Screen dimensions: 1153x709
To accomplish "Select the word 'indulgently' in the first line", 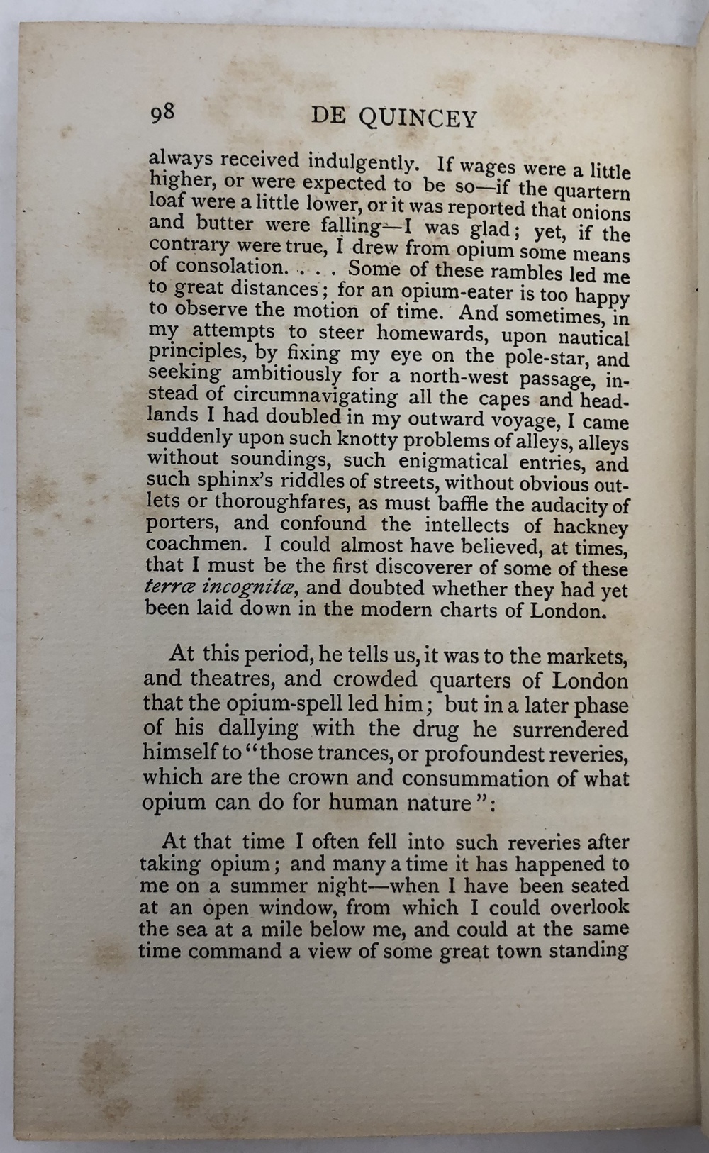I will click(356, 162).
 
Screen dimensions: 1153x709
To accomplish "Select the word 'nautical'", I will click(593, 338).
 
